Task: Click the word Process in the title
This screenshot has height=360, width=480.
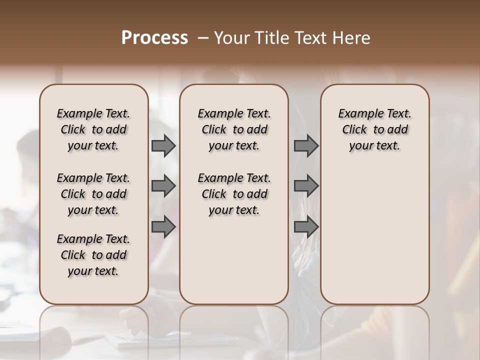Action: [x=154, y=38]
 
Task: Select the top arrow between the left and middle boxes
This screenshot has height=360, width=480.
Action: [x=163, y=146]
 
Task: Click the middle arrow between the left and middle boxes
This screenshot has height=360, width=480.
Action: [x=163, y=186]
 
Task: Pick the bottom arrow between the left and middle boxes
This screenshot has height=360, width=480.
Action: [x=163, y=226]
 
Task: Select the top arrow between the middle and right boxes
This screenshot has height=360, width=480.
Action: [x=306, y=146]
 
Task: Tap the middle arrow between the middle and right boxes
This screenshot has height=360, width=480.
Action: [x=306, y=186]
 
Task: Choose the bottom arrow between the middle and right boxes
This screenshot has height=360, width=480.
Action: [x=306, y=226]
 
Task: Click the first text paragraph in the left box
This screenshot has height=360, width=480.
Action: [x=93, y=129]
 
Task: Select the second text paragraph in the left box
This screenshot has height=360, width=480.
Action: [x=93, y=194]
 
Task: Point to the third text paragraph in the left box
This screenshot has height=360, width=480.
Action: [x=93, y=255]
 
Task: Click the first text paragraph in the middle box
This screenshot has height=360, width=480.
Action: [x=234, y=129]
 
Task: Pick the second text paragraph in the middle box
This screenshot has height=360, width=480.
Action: [x=234, y=194]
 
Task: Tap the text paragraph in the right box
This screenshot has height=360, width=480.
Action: [x=375, y=129]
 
